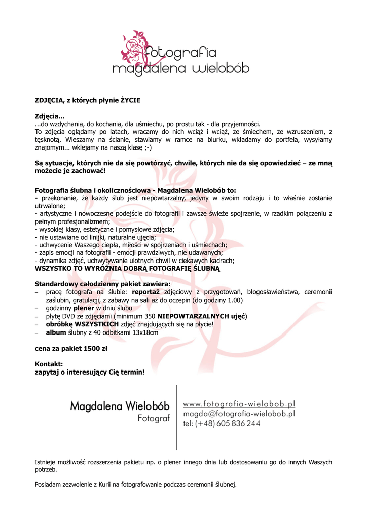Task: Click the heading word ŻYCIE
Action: pyautogui.click(x=130, y=100)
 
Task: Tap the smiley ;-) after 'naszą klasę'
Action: pyautogui.click(x=146, y=147)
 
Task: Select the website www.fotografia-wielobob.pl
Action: pyautogui.click(x=239, y=404)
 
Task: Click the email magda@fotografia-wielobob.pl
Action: pyautogui.click(x=239, y=414)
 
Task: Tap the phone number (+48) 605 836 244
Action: pyautogui.click(x=222, y=424)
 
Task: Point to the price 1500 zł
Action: pyautogui.click(x=95, y=349)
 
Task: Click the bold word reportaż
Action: pyautogui.click(x=146, y=292)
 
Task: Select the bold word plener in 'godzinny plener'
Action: pyautogui.click(x=84, y=308)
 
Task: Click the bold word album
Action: pyautogui.click(x=56, y=332)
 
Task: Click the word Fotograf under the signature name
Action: pyautogui.click(x=154, y=419)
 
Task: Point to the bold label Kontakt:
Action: pyautogui.click(x=49, y=364)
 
